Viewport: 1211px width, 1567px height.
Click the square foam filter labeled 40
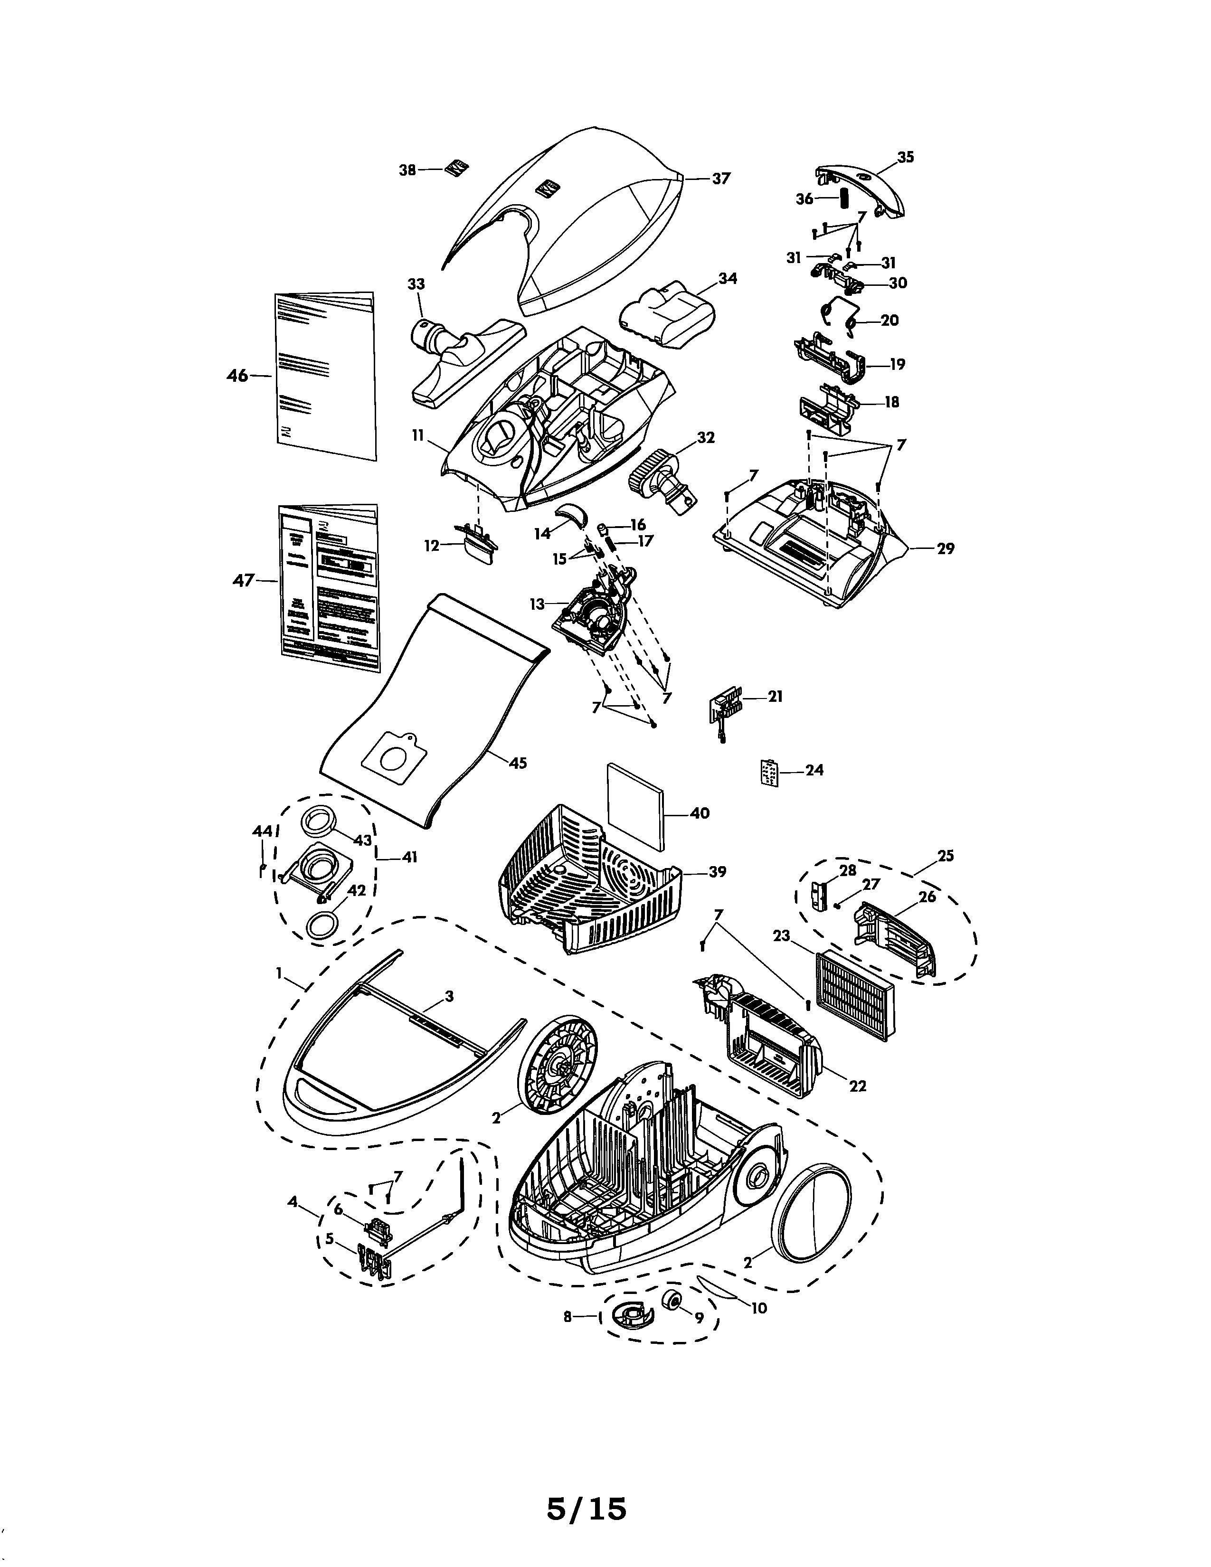635,806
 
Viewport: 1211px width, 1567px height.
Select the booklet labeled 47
329,588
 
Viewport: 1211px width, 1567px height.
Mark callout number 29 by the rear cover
946,549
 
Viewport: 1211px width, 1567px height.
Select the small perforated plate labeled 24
769,773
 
